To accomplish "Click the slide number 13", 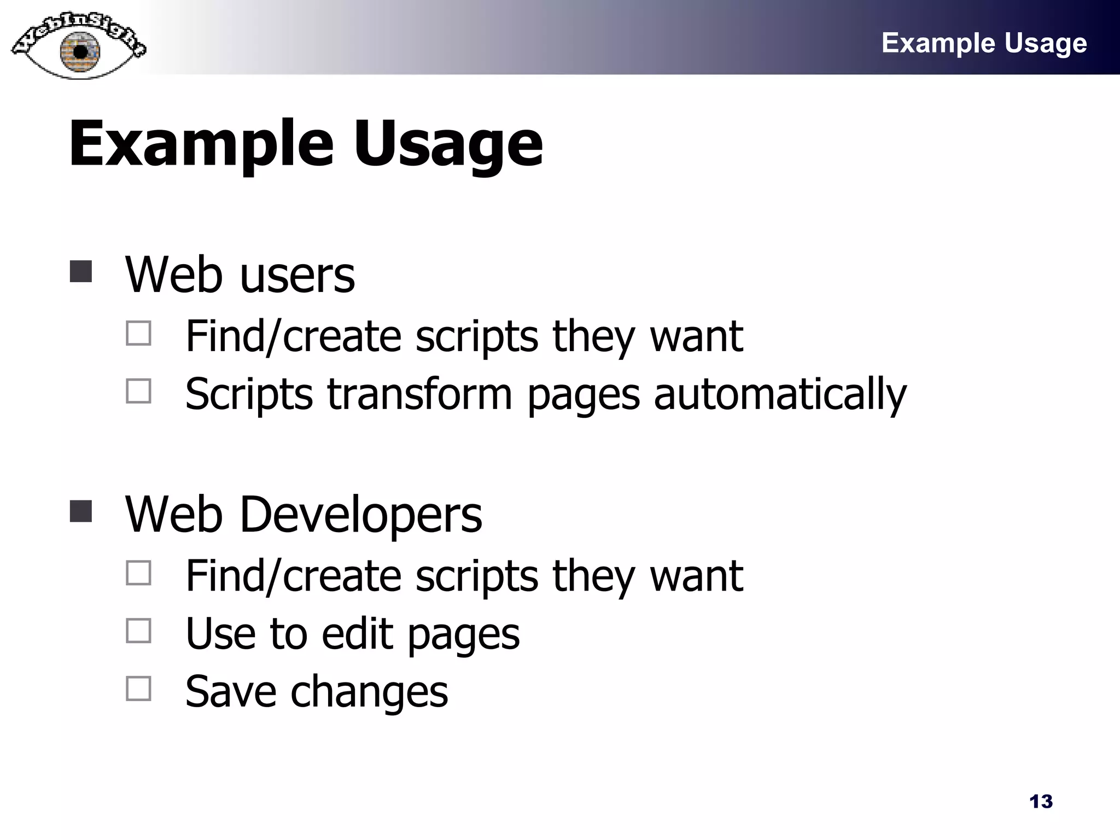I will click(1041, 802).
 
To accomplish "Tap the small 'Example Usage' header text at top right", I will click(984, 43).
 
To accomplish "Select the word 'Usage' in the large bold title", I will click(448, 144).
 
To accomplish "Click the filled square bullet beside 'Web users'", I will click(81, 271).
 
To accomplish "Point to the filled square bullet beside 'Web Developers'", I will click(81, 511).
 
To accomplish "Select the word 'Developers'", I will click(360, 515).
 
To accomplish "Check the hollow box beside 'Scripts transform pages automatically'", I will click(138, 391).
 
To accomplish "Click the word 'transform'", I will click(419, 393).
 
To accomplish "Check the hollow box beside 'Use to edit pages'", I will click(138, 631).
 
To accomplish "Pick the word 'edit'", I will click(357, 634).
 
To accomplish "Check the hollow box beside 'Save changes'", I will click(138, 689).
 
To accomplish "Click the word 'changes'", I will click(369, 692).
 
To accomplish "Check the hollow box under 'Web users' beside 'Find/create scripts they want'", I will click(138, 333).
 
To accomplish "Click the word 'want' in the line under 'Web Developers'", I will click(696, 576).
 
